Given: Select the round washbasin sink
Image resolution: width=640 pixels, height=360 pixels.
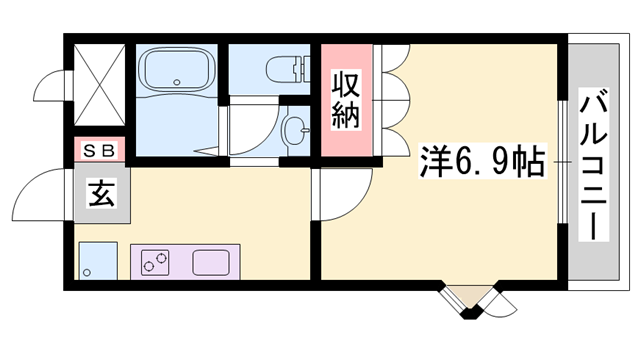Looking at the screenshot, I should point(296,129).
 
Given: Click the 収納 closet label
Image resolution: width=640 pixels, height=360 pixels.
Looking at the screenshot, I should point(346,99).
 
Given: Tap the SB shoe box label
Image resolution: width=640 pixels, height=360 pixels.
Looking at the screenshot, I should point(98,151).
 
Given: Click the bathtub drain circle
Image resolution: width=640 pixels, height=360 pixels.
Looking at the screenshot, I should point(176,83).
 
